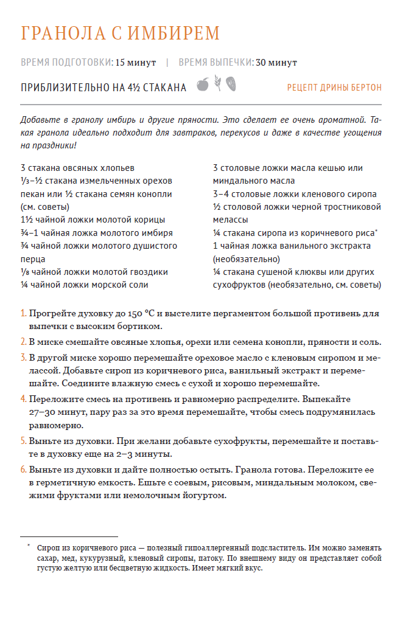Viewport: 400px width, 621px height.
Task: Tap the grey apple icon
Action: pos(203,85)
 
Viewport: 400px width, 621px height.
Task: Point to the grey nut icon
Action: pos(231,84)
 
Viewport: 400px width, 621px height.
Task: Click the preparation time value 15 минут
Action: pos(136,62)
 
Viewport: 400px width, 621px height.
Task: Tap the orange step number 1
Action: pos(23,314)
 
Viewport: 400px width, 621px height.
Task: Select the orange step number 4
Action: pos(23,399)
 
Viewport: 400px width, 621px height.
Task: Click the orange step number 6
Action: pos(23,470)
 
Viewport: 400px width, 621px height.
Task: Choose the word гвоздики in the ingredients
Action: pos(146,272)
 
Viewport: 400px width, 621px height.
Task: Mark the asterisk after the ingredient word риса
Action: pos(377,231)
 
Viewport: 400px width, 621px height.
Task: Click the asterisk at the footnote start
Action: pos(28,546)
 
